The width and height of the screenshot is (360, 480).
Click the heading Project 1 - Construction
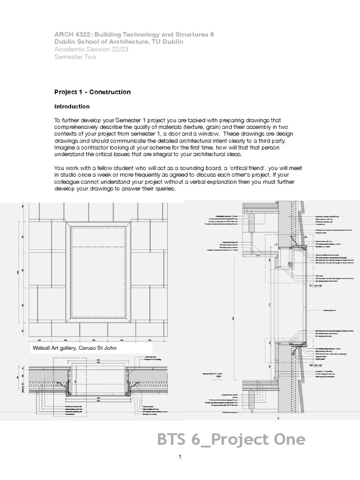[92, 92]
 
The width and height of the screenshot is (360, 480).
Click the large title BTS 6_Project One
[231, 440]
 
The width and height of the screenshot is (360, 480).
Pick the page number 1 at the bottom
[180, 457]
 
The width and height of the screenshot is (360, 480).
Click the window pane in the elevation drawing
[101, 272]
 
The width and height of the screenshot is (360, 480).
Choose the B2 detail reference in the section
[314, 364]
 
